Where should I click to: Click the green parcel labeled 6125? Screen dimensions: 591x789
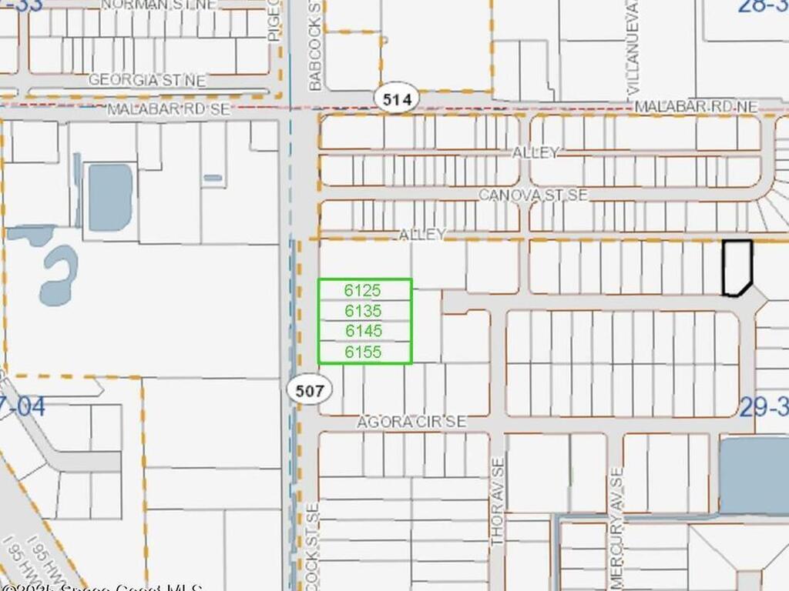364,289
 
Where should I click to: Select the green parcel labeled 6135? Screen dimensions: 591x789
364,310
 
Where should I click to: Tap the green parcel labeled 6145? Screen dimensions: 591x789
364,331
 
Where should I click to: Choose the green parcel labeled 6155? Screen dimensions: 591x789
364,352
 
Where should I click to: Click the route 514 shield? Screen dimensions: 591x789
397,98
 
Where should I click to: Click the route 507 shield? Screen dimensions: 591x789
310,389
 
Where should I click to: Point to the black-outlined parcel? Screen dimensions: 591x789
737,266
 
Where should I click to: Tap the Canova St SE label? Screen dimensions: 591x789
532,195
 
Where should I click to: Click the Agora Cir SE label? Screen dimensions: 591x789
411,422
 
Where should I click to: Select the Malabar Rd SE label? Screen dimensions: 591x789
168,109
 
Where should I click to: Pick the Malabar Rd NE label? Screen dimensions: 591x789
696,105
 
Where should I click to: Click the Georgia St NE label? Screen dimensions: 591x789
147,80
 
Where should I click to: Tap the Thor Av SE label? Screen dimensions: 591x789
498,502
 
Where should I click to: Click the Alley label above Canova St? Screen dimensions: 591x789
536,152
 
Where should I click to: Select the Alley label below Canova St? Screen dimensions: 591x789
422,233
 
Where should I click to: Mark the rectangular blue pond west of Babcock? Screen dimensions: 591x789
110,197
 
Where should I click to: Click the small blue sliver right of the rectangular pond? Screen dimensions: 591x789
213,178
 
